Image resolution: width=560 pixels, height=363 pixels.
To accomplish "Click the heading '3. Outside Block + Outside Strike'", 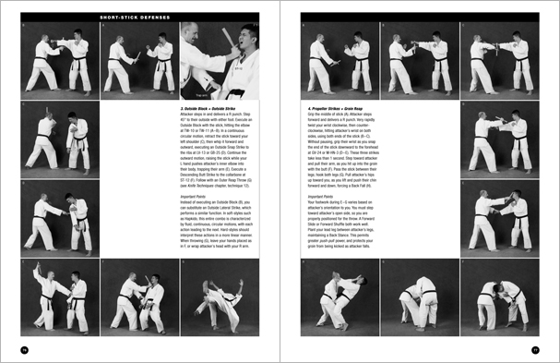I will pos(211,107).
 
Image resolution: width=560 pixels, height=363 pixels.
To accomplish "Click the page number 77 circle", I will pos(535,348).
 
